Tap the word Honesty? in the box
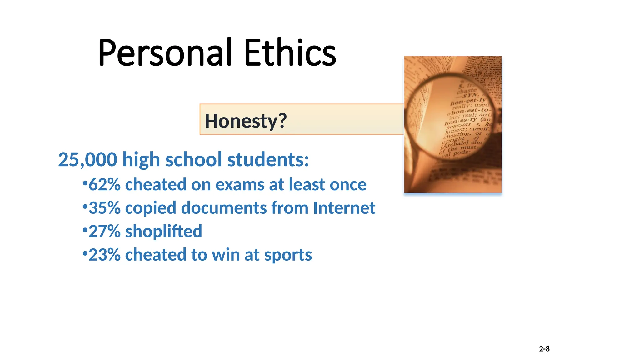tap(246, 121)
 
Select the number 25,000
tap(87, 160)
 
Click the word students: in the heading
tap(268, 160)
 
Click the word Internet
tap(344, 208)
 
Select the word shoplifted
tap(163, 232)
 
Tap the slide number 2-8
tap(544, 349)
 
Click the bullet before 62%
tap(85, 183)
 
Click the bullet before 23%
tap(85, 253)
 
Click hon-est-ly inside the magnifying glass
tap(468, 101)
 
